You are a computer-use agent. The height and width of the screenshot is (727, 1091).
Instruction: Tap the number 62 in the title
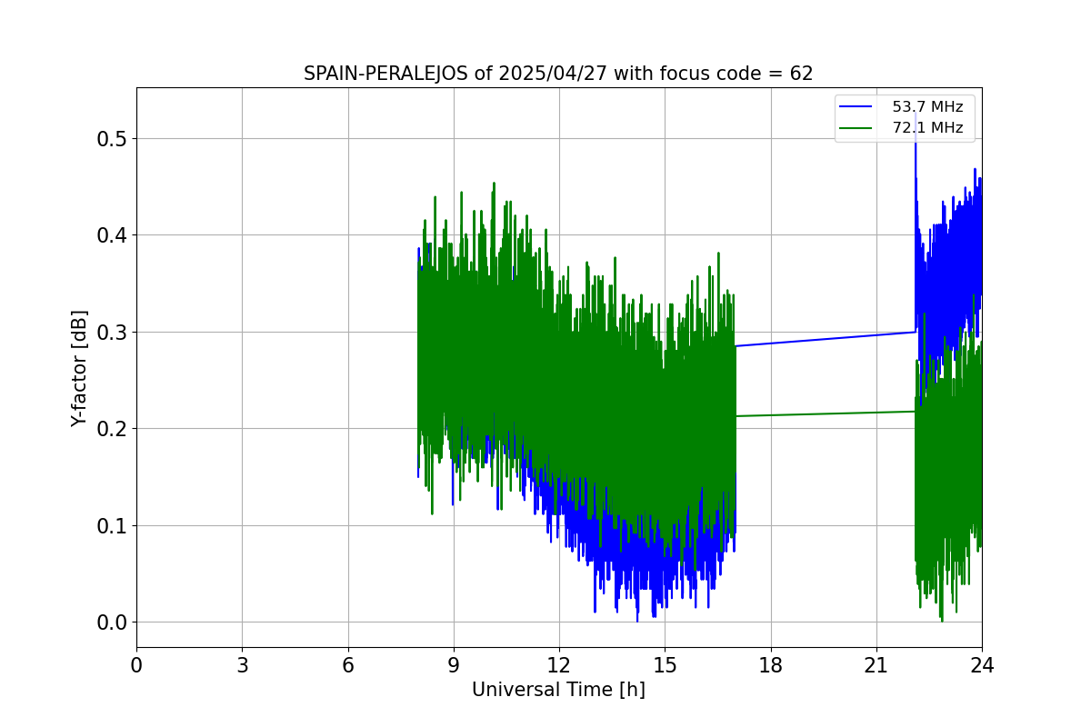pyautogui.click(x=801, y=74)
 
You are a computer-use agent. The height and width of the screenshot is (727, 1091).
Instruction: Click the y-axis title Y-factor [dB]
pyautogui.click(x=80, y=368)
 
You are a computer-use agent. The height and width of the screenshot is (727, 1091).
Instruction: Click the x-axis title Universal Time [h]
pyautogui.click(x=558, y=690)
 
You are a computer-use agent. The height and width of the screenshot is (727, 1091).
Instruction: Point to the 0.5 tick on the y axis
pyautogui.click(x=113, y=139)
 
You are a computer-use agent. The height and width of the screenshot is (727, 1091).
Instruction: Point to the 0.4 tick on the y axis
pyautogui.click(x=113, y=235)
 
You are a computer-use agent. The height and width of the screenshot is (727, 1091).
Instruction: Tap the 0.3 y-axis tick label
pyautogui.click(x=113, y=332)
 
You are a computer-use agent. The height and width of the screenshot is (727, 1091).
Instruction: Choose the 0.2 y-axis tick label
pyautogui.click(x=113, y=429)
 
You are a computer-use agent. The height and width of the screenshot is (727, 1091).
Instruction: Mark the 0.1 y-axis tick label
pyautogui.click(x=113, y=525)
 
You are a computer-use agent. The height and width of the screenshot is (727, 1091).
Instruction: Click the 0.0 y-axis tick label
pyautogui.click(x=113, y=622)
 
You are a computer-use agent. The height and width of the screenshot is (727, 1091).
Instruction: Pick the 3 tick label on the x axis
pyautogui.click(x=242, y=665)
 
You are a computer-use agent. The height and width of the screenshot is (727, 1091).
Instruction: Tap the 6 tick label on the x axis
pyautogui.click(x=348, y=665)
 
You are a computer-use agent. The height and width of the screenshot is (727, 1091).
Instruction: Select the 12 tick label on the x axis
pyautogui.click(x=559, y=665)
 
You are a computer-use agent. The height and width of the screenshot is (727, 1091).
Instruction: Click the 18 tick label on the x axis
pyautogui.click(x=771, y=665)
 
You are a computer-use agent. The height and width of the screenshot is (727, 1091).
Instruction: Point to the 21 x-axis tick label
pyautogui.click(x=876, y=665)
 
